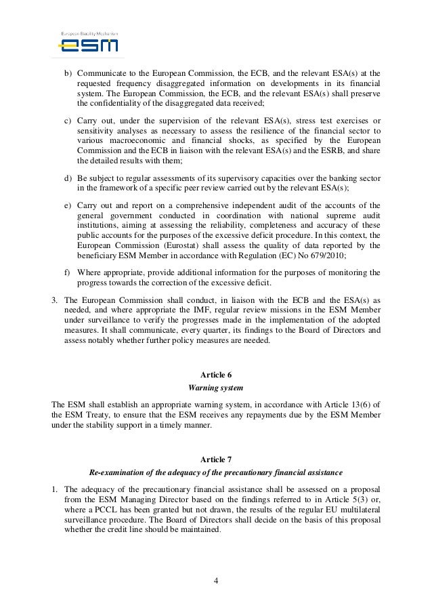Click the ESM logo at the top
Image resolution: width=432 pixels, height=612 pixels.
pos(88,44)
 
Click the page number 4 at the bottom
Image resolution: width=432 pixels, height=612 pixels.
pos(215,580)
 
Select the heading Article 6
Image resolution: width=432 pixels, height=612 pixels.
pos(215,375)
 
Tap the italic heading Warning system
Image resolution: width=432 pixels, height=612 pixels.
pos(215,388)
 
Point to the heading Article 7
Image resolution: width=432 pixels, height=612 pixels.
pos(215,459)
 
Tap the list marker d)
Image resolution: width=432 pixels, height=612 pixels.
pos(67,178)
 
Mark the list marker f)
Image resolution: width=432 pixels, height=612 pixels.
pos(67,272)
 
